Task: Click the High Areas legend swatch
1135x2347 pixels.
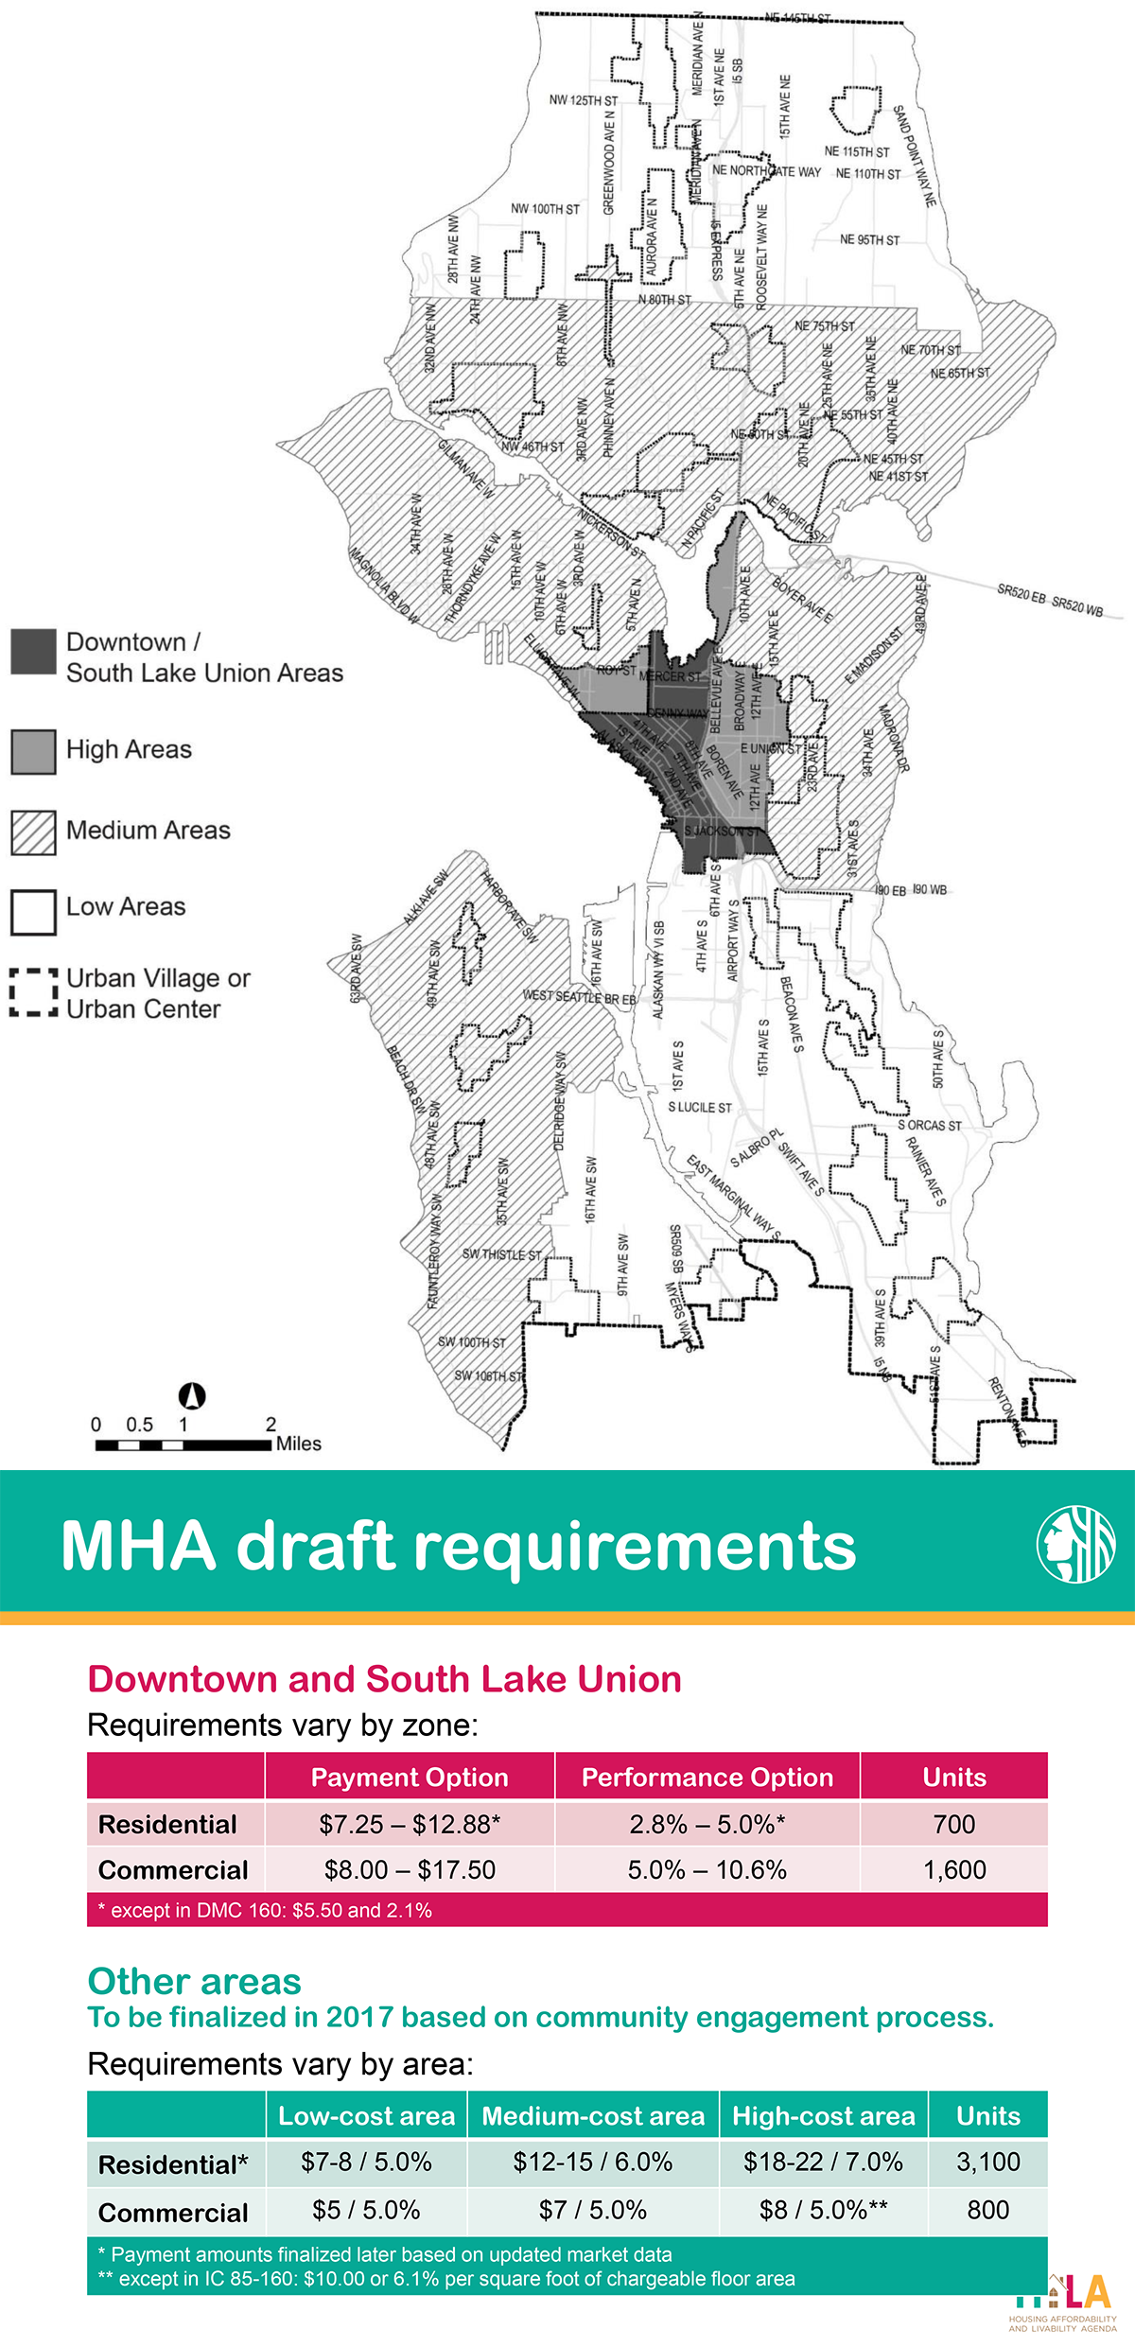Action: [33, 752]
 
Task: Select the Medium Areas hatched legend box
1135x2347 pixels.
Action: [33, 832]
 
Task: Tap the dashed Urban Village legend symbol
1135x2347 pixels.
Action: [33, 991]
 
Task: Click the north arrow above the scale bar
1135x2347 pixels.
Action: [192, 1395]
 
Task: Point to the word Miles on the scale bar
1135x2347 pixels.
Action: [299, 1444]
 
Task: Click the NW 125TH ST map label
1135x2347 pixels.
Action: [583, 100]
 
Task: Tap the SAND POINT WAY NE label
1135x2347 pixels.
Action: [915, 156]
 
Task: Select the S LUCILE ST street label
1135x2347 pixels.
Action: [700, 1107]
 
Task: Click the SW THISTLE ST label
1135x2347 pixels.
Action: [501, 1254]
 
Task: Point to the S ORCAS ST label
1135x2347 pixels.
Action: [930, 1126]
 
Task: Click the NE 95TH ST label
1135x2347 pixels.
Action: [869, 240]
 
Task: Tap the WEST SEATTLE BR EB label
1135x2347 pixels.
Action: [579, 997]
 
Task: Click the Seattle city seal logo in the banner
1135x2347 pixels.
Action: [1075, 1544]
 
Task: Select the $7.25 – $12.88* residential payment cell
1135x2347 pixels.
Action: [410, 1823]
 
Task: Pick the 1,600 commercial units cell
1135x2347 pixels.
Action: [953, 1869]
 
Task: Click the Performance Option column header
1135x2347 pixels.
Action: [707, 1777]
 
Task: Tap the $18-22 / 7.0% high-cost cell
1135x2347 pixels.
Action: [823, 2162]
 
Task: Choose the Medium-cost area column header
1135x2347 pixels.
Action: [593, 2115]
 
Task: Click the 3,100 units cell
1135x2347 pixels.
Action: [987, 2162]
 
